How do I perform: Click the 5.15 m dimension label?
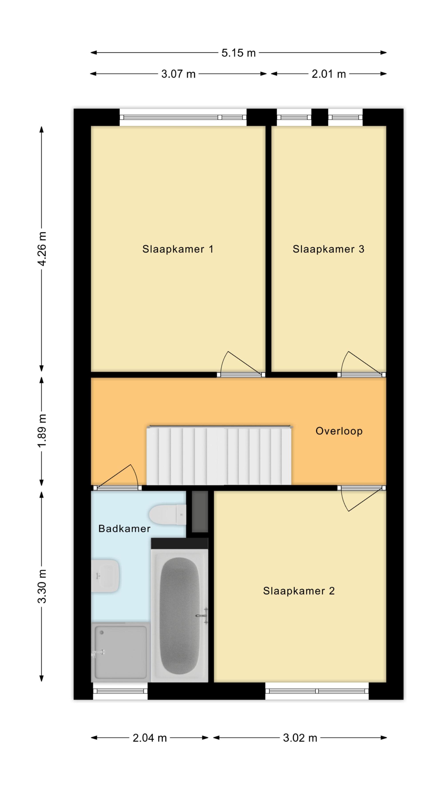(238, 53)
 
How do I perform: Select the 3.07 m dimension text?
(178, 74)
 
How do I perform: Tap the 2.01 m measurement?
(329, 74)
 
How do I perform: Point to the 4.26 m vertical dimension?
(42, 249)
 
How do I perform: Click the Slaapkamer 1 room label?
(178, 249)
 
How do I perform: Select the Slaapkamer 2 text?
(299, 591)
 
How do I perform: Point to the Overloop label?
(339, 431)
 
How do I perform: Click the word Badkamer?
(124, 529)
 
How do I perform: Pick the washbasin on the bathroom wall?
(105, 576)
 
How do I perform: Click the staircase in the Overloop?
(219, 456)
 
